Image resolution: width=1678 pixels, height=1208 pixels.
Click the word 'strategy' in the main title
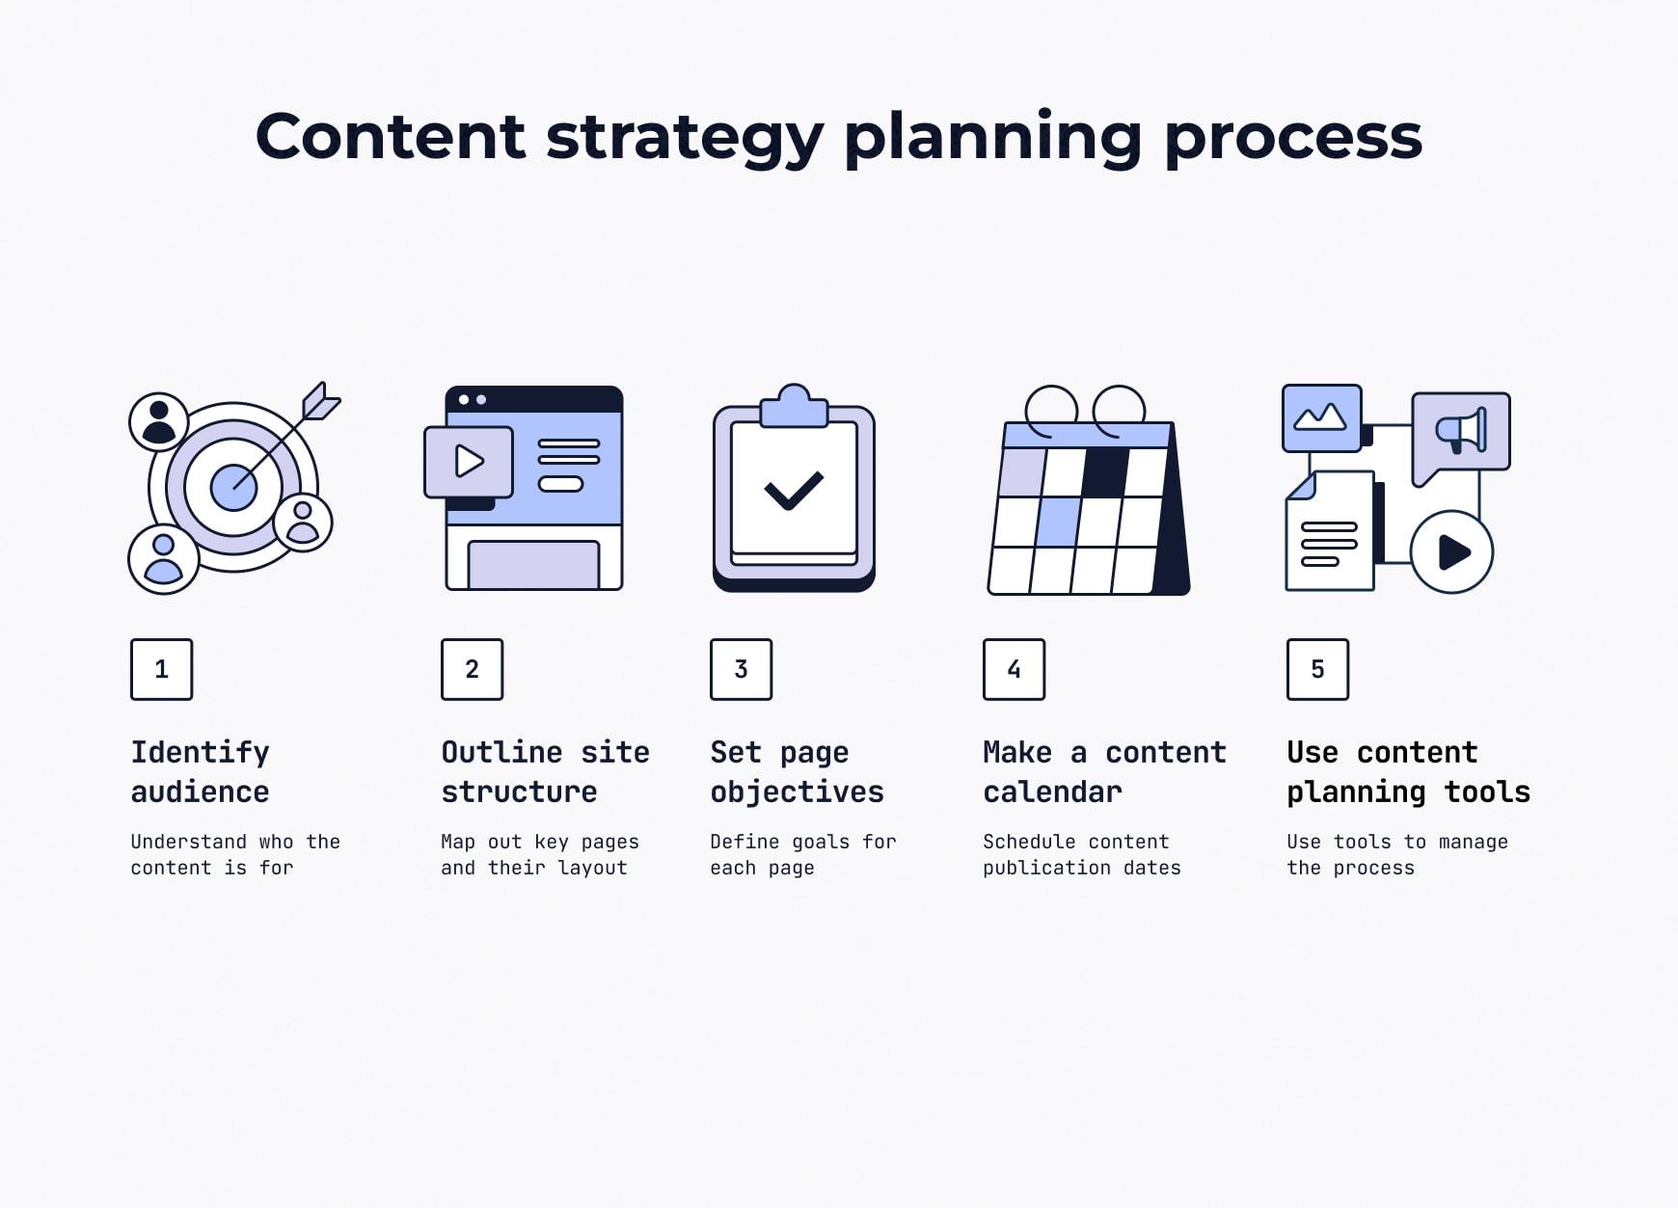tap(685, 137)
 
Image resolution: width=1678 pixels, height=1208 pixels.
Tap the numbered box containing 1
tap(161, 669)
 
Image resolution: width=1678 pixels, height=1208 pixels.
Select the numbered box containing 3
tap(741, 669)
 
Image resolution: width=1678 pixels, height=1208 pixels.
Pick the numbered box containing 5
tap(1317, 669)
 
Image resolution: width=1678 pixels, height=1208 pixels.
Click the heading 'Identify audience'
tap(201, 771)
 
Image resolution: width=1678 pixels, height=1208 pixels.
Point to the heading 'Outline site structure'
tap(545, 771)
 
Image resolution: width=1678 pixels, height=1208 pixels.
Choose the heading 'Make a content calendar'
tap(1104, 771)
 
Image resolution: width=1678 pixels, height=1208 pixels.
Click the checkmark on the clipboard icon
tap(794, 491)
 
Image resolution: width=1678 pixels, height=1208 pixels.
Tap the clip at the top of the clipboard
tap(794, 406)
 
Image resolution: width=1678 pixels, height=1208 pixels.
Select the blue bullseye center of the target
tap(233, 487)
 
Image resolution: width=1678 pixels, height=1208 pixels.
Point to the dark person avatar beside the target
tap(159, 422)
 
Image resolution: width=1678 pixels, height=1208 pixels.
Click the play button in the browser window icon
tap(469, 462)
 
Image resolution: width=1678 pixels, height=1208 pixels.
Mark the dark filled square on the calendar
tap(1105, 472)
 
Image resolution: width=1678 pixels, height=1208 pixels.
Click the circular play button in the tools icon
tap(1451, 552)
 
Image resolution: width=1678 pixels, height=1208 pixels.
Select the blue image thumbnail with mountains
tap(1321, 418)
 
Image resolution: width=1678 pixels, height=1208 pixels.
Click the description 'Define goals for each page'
tap(803, 854)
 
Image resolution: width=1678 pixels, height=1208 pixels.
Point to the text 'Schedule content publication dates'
tap(1082, 854)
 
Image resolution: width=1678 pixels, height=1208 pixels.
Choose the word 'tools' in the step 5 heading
tap(1487, 792)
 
